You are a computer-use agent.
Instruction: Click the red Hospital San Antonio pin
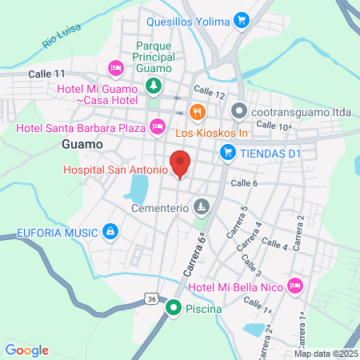pos(180,164)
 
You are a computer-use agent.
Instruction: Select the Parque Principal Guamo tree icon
pos(154,86)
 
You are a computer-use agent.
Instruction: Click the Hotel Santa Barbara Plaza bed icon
pos(158,126)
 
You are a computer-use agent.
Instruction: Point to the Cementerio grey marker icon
pos(202,207)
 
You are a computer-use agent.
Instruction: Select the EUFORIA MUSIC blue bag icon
pos(110,233)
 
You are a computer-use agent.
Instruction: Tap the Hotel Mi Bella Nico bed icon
pos(296,285)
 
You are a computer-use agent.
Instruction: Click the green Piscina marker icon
pos(174,306)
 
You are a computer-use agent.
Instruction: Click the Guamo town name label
pos(82,145)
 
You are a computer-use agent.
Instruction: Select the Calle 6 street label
pos(244,183)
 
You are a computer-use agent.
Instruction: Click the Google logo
pos(26,350)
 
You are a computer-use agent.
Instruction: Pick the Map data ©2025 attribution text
pos(325,354)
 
